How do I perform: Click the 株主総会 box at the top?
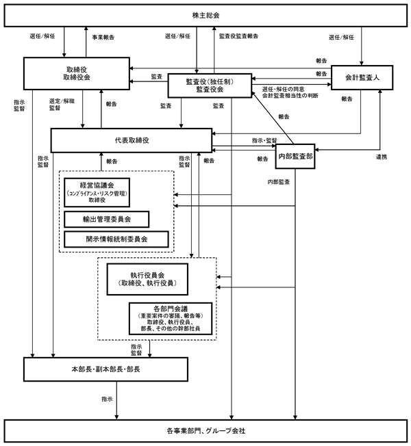(206, 16)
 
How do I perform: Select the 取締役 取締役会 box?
(77, 73)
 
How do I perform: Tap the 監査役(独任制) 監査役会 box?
(210, 86)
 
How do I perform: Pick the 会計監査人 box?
(362, 78)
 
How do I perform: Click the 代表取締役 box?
(132, 140)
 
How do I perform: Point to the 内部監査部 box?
(295, 156)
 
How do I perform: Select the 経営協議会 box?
(97, 192)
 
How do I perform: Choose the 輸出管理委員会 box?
(107, 220)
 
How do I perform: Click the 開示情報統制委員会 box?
(116, 239)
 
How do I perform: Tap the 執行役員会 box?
(147, 279)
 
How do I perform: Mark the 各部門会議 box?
(171, 318)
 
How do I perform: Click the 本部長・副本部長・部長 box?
(105, 369)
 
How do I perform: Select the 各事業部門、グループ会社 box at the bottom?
(206, 431)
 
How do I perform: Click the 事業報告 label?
(103, 37)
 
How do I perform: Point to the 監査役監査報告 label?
(238, 36)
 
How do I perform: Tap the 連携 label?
(382, 157)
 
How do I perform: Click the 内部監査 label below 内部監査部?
(279, 182)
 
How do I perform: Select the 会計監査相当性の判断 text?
(290, 96)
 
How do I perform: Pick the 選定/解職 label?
(62, 101)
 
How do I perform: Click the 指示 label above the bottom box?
(107, 399)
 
